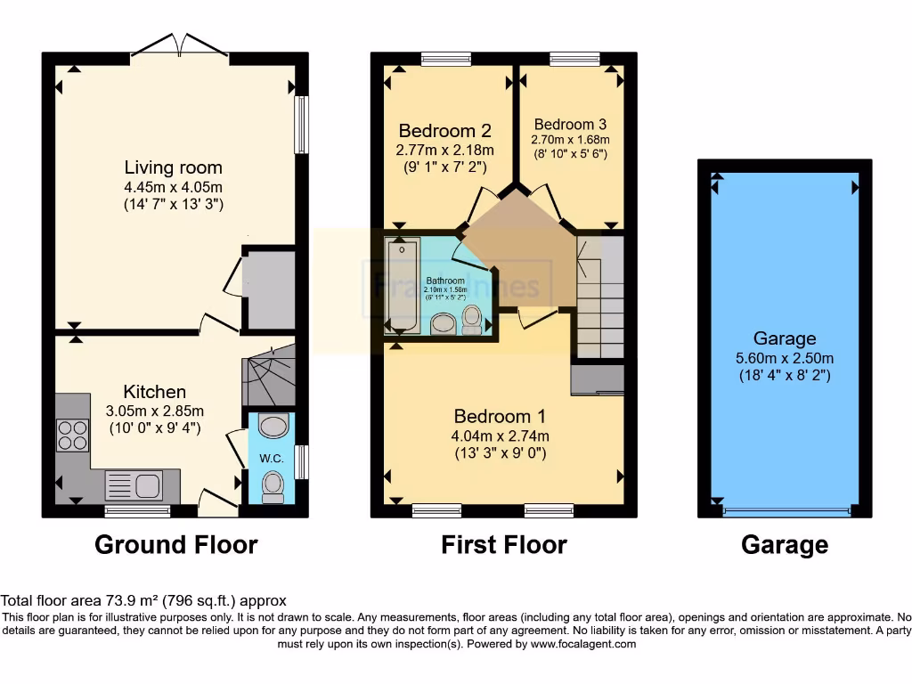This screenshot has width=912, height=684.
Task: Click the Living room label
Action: (173, 167)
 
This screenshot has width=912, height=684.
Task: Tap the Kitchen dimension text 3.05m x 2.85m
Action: (154, 411)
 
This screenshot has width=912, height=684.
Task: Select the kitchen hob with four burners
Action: (72, 435)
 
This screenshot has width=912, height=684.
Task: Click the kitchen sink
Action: (134, 485)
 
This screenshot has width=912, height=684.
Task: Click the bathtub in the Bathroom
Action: (398, 284)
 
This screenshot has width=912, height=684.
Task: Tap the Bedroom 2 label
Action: (444, 130)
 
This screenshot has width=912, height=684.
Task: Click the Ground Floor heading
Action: (175, 544)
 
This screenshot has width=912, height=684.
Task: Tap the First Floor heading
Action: (503, 544)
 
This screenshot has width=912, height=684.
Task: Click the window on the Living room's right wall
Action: (303, 124)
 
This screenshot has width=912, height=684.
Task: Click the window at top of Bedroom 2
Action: (444, 60)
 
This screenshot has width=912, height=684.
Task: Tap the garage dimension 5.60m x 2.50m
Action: (784, 358)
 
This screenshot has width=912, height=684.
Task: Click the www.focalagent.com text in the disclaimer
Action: (582, 643)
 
